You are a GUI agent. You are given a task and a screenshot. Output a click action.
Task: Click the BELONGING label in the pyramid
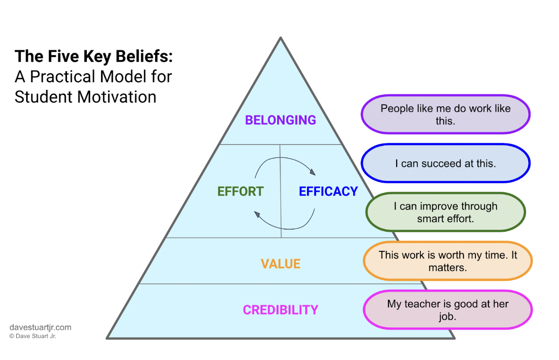click(x=280, y=120)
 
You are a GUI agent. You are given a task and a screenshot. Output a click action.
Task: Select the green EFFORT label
click(x=240, y=191)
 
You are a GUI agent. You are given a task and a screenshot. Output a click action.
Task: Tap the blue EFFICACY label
click(x=328, y=191)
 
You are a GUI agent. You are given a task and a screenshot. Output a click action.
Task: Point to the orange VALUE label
click(x=280, y=264)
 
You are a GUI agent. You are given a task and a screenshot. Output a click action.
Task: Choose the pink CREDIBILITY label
click(x=280, y=310)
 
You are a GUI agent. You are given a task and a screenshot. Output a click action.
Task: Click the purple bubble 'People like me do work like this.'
click(x=445, y=114)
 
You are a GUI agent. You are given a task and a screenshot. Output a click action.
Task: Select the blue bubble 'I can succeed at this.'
click(x=445, y=163)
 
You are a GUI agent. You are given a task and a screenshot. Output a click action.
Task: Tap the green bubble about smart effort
click(x=445, y=212)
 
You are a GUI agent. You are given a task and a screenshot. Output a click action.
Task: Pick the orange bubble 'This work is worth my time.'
click(x=447, y=261)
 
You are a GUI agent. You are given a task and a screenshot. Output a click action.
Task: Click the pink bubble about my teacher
click(x=447, y=310)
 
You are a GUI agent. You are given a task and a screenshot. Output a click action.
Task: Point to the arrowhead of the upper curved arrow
click(x=312, y=172)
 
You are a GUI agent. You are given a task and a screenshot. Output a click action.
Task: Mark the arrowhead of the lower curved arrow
click(x=258, y=215)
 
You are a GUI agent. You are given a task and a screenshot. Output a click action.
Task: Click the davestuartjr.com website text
click(x=40, y=327)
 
